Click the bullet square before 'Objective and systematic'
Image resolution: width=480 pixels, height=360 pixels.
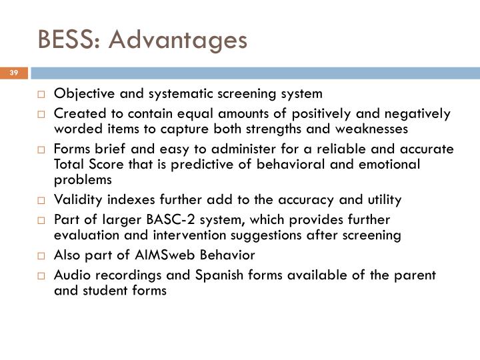point(41,93)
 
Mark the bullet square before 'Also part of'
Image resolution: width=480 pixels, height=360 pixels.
point(41,255)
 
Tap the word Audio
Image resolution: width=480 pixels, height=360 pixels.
point(70,275)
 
